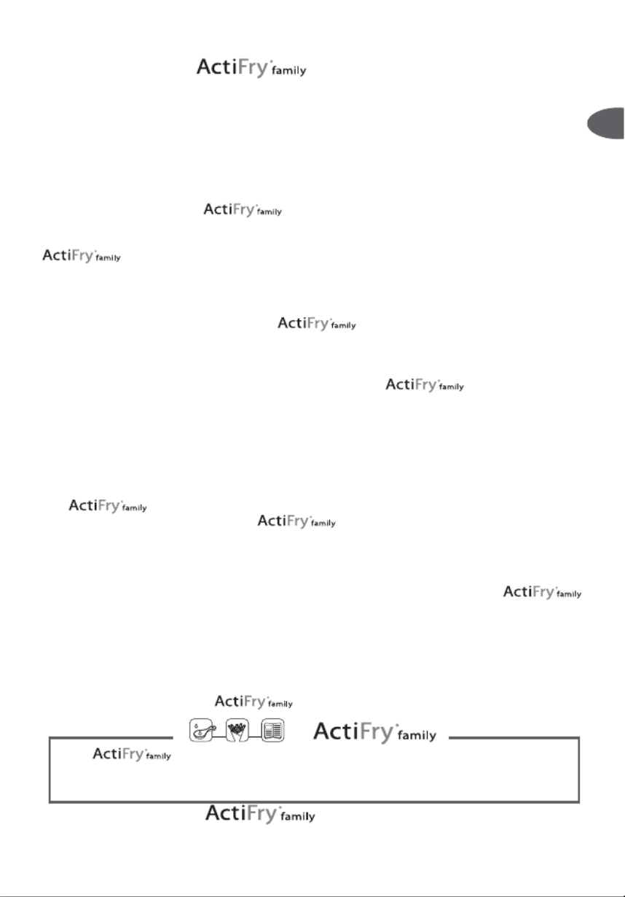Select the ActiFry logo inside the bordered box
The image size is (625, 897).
(131, 755)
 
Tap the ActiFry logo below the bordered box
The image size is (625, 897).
(260, 814)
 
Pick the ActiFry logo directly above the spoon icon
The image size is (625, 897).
(253, 702)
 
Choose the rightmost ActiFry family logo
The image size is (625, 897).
(542, 592)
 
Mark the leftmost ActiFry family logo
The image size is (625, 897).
(81, 256)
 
